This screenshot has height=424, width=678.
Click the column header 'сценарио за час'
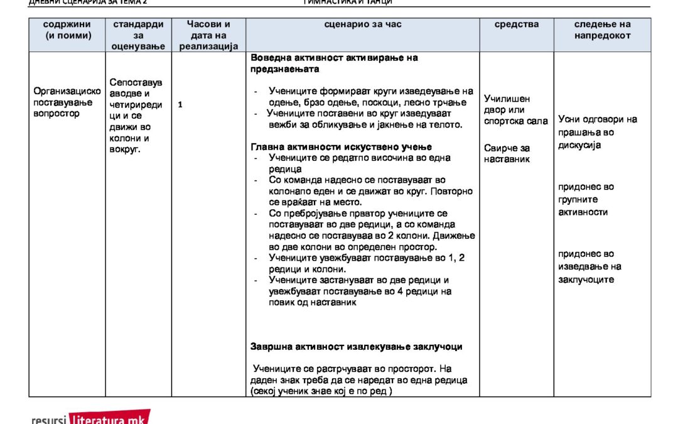point(363,24)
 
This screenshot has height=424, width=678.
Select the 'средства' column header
point(516,24)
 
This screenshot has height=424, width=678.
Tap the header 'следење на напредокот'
point(602,30)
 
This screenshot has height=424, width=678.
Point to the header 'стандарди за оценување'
point(138,35)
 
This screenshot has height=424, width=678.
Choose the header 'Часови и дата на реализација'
point(208,35)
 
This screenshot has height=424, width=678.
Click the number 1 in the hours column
point(180,104)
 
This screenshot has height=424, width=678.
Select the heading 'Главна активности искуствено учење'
point(350,146)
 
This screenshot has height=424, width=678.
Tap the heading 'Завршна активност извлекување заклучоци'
point(356,346)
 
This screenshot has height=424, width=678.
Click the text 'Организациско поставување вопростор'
point(67,102)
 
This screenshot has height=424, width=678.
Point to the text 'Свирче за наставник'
point(507,153)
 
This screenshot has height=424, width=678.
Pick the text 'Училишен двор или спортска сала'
point(515,110)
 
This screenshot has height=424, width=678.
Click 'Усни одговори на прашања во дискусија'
point(597,132)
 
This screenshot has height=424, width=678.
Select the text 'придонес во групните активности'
point(586,199)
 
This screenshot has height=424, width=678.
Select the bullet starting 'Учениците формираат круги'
point(370,97)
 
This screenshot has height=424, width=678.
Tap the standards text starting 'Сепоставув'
point(136,116)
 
